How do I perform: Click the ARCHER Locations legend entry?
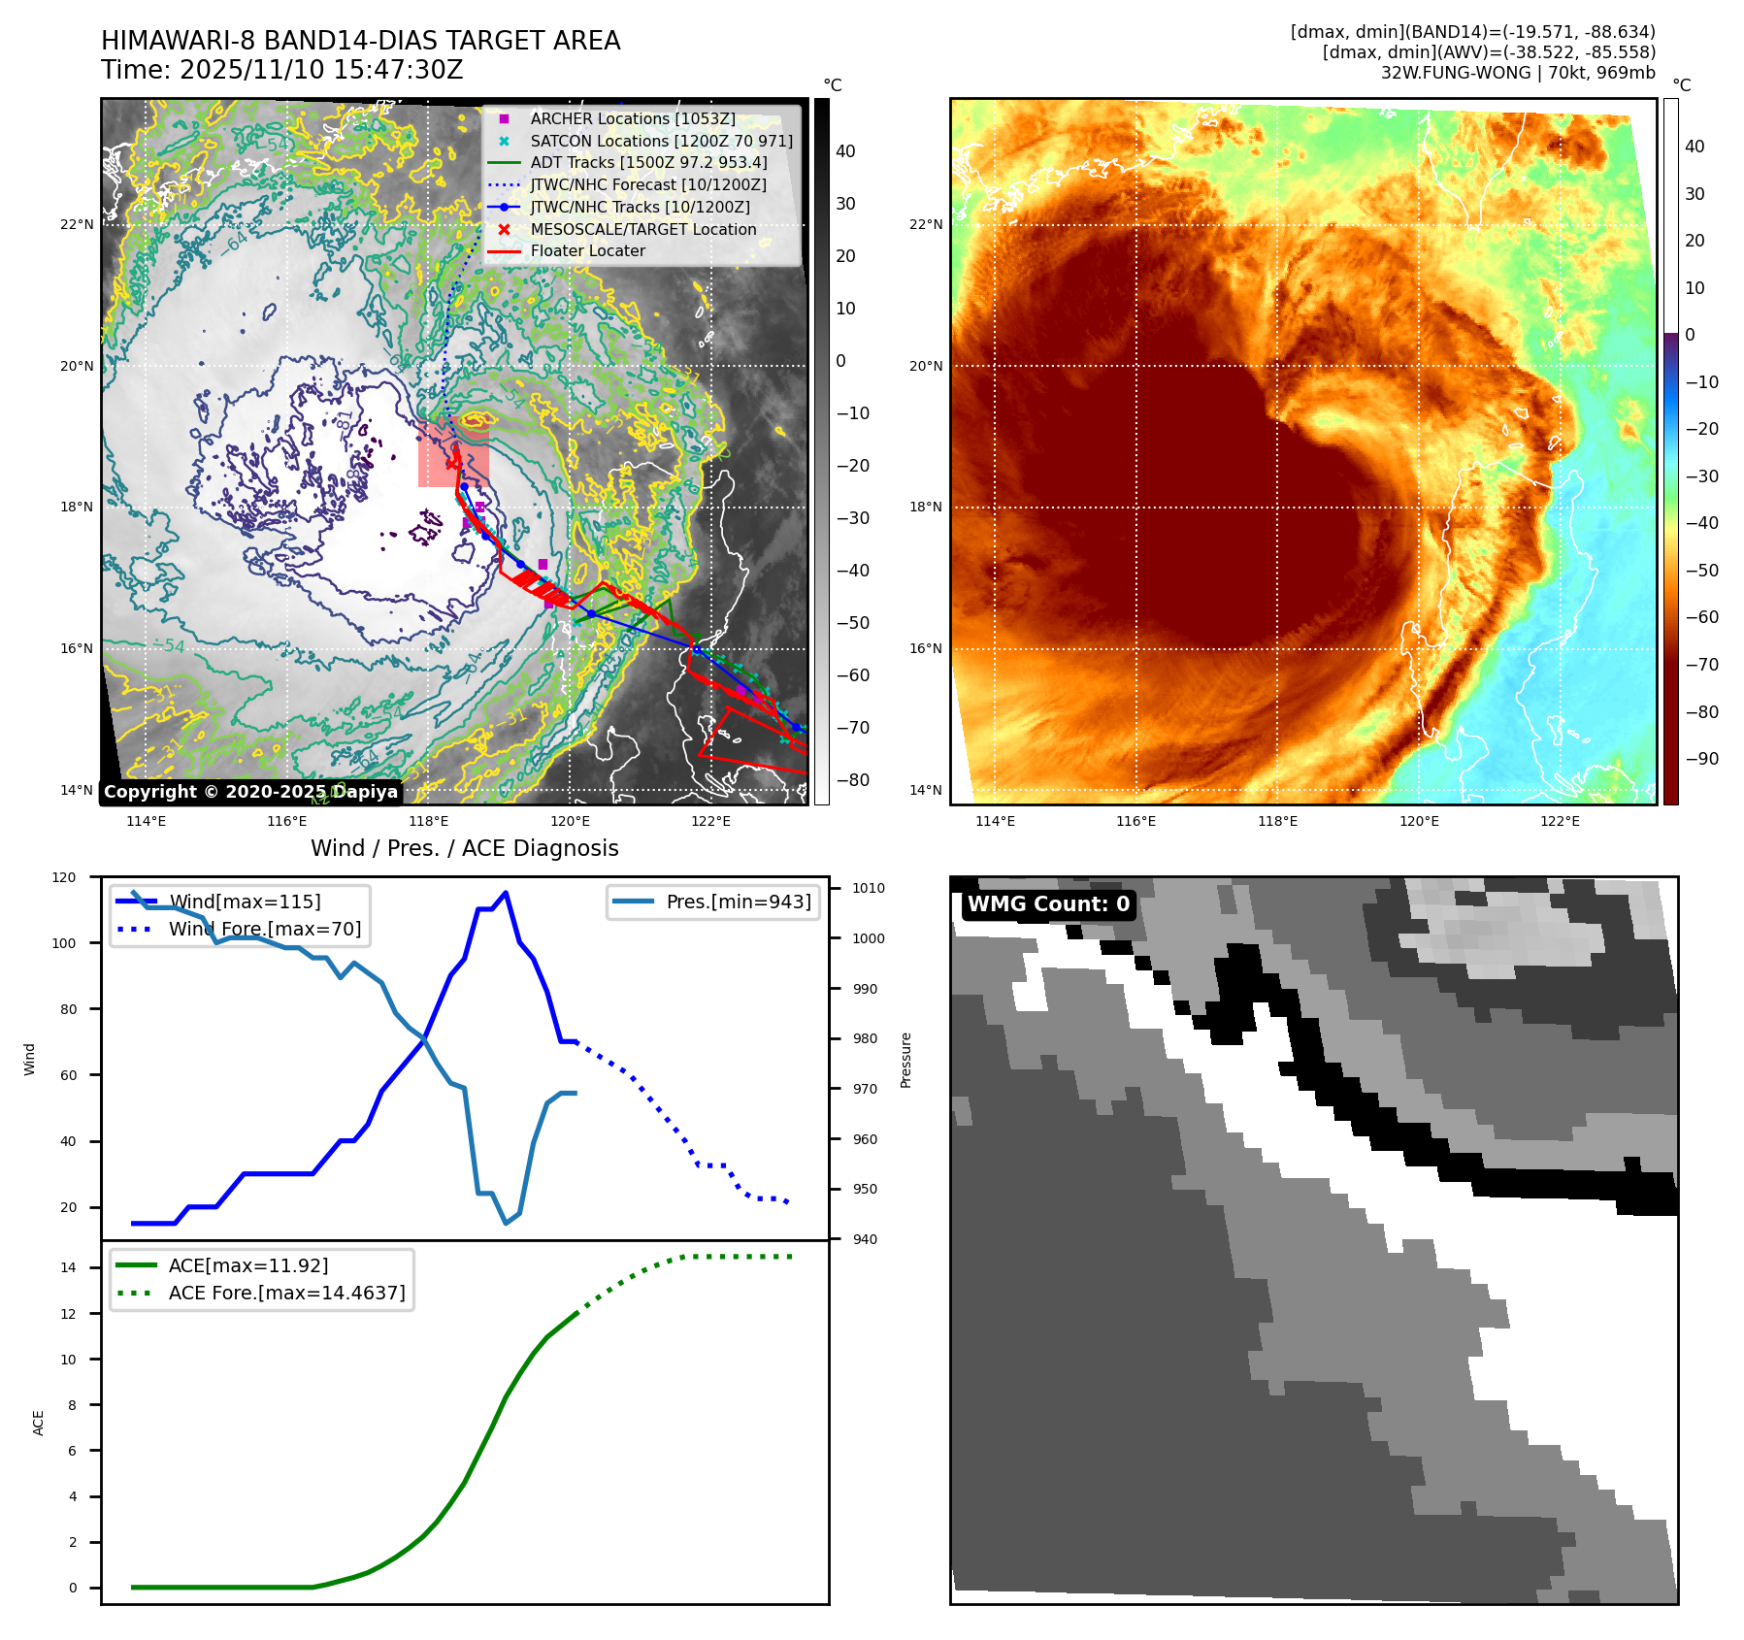tap(632, 118)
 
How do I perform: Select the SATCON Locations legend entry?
tap(661, 141)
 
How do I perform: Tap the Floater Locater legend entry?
tap(587, 250)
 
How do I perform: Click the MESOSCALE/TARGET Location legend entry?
tap(642, 229)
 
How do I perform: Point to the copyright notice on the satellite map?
tap(250, 792)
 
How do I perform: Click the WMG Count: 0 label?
tap(1048, 904)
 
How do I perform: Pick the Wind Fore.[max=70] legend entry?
tap(264, 929)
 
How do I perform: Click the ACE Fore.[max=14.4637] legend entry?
tap(286, 1293)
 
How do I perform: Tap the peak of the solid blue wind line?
tap(506, 893)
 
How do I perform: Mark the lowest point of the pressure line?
tap(506, 1224)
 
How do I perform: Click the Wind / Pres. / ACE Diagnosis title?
tap(464, 848)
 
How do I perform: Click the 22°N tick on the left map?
tap(78, 224)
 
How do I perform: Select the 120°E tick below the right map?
tap(1418, 821)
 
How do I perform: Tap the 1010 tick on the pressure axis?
tap(869, 888)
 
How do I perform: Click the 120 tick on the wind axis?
tap(64, 877)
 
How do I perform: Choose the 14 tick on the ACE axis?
tap(69, 1267)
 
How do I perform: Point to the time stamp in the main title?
tap(281, 70)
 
